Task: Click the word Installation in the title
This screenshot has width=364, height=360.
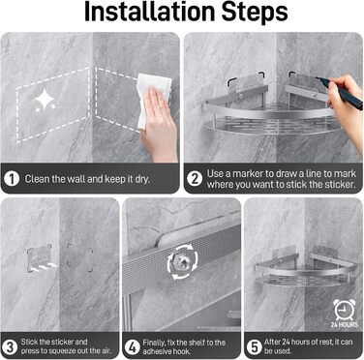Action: tap(150, 12)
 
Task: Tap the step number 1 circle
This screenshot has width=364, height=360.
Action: tap(13, 179)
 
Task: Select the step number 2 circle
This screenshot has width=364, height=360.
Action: tap(195, 179)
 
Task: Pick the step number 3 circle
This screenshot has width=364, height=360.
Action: tap(10, 346)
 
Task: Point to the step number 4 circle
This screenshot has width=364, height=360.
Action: tap(133, 347)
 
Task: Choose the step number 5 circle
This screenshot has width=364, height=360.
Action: tap(255, 347)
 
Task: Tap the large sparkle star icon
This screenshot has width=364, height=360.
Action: tap(45, 100)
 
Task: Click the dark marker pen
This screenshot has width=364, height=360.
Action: tap(339, 93)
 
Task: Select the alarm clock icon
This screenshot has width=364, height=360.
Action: tap(344, 310)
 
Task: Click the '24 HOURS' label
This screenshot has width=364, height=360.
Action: tap(345, 325)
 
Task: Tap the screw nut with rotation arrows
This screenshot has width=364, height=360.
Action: tap(183, 262)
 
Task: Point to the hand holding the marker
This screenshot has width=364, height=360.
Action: tap(346, 113)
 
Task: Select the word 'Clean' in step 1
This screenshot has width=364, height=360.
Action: tap(37, 179)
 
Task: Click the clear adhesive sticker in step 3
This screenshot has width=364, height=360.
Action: tap(40, 258)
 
